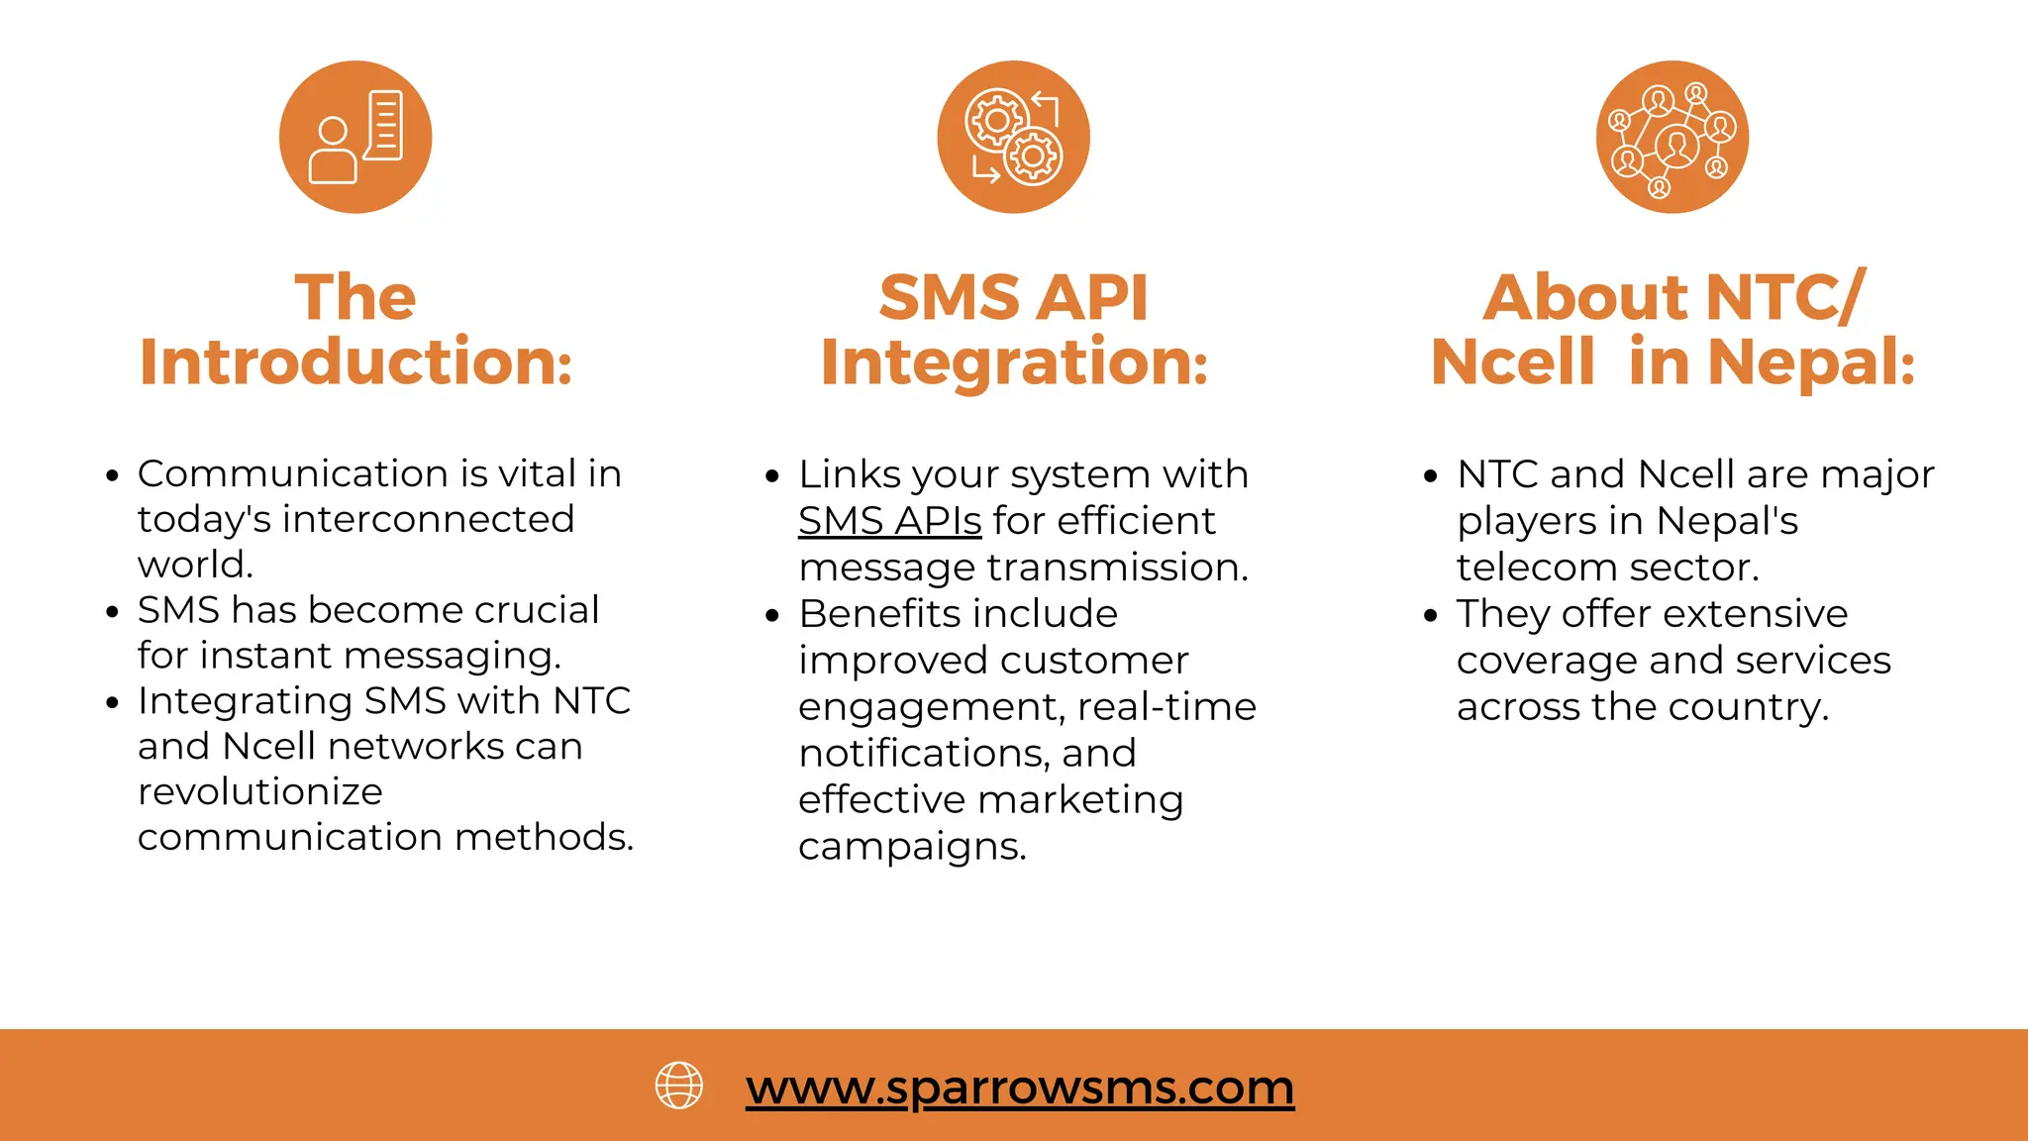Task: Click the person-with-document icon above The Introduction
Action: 355,137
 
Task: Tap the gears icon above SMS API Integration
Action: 1013,137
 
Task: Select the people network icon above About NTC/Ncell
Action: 1672,137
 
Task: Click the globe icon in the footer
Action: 679,1086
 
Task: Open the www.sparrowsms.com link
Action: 1020,1088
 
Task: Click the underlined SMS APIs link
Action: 889,521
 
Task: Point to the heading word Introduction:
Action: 355,362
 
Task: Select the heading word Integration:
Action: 1014,362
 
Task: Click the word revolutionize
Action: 260,791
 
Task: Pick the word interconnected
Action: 429,519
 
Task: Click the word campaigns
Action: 912,847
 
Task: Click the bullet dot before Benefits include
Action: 772,616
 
